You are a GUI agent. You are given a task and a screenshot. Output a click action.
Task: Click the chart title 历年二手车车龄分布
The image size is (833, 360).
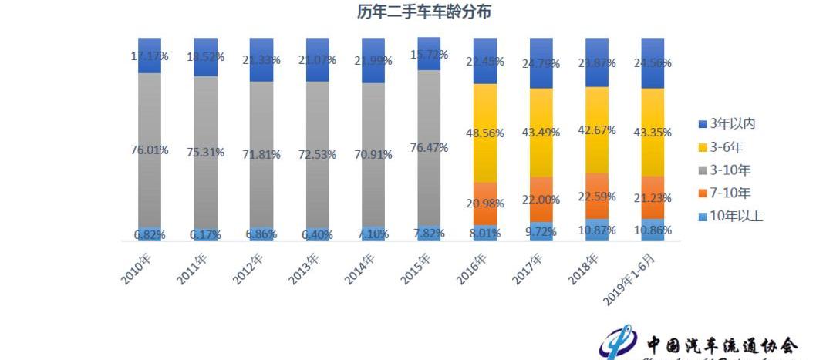[423, 12]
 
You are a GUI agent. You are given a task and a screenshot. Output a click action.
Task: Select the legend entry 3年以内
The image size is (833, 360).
[734, 124]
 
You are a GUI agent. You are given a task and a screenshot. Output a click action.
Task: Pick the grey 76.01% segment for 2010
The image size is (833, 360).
[150, 185]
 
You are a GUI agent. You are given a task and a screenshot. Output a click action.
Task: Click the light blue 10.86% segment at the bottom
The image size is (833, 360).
[653, 230]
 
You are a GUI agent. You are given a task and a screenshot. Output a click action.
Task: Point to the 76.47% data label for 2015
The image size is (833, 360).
[429, 148]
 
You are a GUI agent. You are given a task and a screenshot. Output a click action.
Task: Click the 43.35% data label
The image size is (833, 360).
[653, 133]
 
